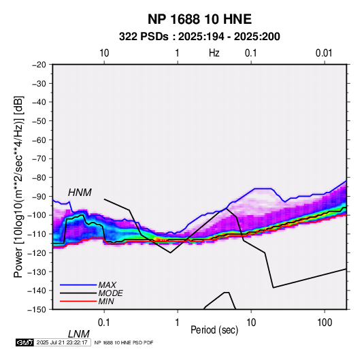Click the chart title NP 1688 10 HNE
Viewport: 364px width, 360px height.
(199, 19)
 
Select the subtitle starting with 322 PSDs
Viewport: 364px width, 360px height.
(199, 37)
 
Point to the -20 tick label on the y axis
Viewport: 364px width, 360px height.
(39, 65)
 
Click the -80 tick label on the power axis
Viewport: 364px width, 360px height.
(39, 178)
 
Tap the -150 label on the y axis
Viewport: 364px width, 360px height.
(37, 310)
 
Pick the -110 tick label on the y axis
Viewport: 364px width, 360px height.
(37, 234)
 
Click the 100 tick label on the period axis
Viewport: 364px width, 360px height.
(325, 323)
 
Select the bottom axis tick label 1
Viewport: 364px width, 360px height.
(178, 323)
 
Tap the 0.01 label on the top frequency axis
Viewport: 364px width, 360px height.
(324, 53)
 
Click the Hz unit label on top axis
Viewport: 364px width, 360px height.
(214, 53)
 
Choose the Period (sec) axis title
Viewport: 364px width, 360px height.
(214, 330)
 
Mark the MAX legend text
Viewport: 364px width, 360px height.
(107, 284)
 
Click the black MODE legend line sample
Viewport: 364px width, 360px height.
(78, 293)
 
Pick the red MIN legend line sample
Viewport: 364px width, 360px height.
(78, 301)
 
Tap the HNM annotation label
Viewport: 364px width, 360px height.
(80, 193)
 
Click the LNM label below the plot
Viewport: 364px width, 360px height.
(79, 334)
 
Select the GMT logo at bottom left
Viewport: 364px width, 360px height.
(24, 342)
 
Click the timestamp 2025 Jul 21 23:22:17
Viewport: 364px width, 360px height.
(62, 342)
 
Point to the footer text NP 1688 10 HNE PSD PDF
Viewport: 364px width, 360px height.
(124, 342)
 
